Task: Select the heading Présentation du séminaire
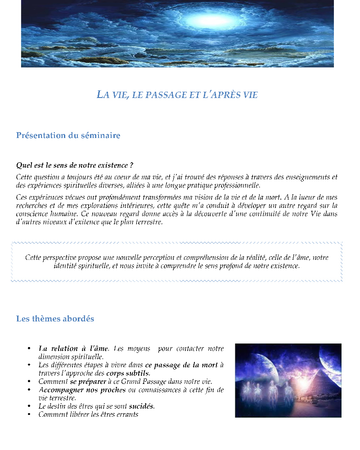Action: (x=68, y=135)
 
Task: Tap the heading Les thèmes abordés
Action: (x=55, y=319)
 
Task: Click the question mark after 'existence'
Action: (x=131, y=165)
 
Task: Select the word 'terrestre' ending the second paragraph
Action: (x=148, y=222)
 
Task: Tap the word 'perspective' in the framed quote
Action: (x=58, y=258)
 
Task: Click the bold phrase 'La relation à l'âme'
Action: (x=73, y=348)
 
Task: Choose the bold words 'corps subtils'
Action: (x=128, y=373)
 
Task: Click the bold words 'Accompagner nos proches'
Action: (x=82, y=390)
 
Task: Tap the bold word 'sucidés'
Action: (x=141, y=406)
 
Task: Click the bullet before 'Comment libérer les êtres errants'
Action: (x=29, y=414)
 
